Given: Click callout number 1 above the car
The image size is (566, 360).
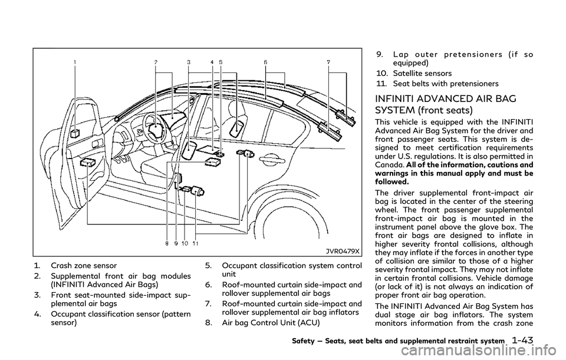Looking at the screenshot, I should pos(75,61).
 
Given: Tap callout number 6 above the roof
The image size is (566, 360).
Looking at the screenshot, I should pos(266,61).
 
